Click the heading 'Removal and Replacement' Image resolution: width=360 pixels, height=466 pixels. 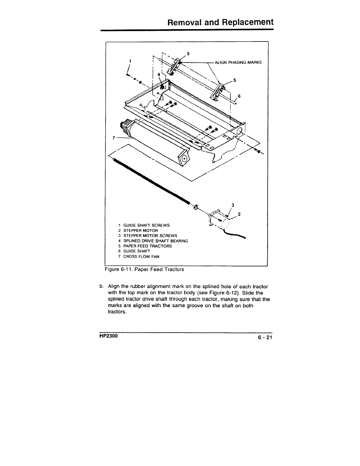pyautogui.click(x=220, y=22)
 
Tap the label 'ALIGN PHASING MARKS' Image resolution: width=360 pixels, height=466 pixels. pyautogui.click(x=238, y=62)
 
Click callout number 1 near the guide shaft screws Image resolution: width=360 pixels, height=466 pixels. pyautogui.click(x=130, y=61)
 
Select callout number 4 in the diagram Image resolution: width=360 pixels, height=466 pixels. pyautogui.click(x=159, y=75)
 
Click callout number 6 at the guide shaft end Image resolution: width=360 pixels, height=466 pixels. pyautogui.click(x=239, y=96)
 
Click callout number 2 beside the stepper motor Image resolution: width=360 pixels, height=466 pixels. pyautogui.click(x=239, y=214)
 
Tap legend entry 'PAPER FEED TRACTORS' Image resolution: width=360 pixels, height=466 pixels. pyautogui.click(x=147, y=246)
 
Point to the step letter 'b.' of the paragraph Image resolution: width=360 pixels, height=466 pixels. pyautogui.click(x=101, y=286)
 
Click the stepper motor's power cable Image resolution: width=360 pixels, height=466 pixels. pyautogui.click(x=235, y=235)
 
